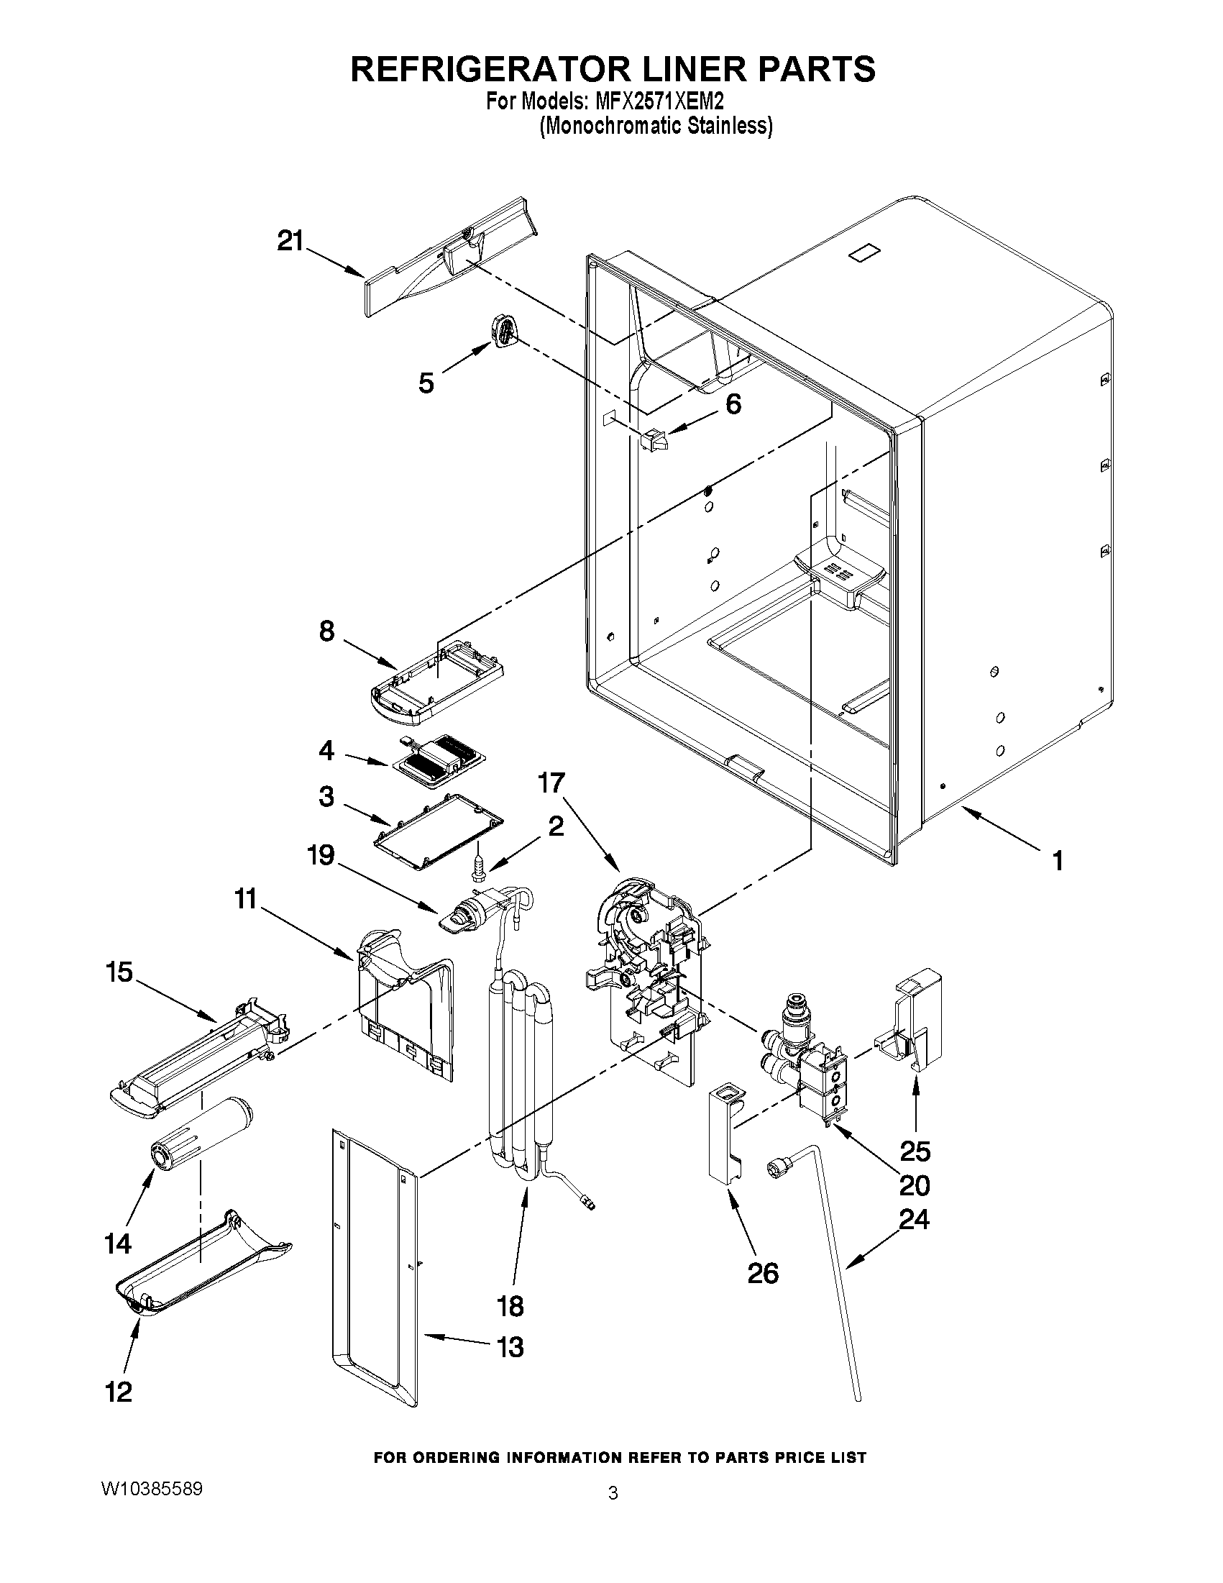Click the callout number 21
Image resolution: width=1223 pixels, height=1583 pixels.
tap(290, 241)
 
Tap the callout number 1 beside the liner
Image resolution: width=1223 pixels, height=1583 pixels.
tap(1058, 861)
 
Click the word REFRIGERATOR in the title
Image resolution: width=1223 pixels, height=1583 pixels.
tap(489, 69)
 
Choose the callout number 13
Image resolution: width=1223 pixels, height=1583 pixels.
tap(510, 1346)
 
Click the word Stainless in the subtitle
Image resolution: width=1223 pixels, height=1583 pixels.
tap(728, 126)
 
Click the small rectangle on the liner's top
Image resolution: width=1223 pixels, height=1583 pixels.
tap(864, 252)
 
